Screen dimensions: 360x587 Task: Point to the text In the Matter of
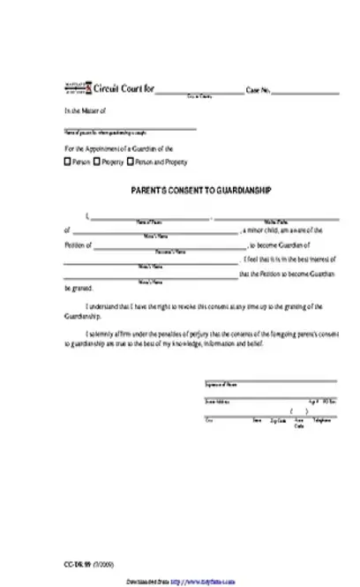(x=85, y=111)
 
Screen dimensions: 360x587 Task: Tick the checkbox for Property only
(x=99, y=162)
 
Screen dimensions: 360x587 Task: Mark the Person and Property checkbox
(x=131, y=162)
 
